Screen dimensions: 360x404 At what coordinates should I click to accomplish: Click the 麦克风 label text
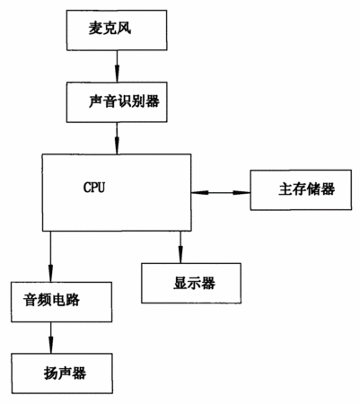(110, 29)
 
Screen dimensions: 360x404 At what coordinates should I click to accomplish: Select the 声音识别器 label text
(124, 101)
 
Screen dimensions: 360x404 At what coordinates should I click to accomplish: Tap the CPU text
(94, 188)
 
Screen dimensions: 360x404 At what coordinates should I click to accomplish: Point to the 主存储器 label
(307, 189)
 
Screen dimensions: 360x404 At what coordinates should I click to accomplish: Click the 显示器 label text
(194, 283)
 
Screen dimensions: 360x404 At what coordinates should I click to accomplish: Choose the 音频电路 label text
(52, 300)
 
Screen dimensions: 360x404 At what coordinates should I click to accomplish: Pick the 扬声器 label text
(65, 373)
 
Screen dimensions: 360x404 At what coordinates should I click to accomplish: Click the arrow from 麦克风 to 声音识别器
(117, 66)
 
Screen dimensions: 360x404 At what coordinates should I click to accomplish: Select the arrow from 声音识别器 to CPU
(117, 138)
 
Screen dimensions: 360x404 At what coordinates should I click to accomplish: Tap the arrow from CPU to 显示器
(180, 247)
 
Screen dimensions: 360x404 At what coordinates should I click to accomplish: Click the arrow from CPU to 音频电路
(50, 257)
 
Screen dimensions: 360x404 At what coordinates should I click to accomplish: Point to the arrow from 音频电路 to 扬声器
(50, 338)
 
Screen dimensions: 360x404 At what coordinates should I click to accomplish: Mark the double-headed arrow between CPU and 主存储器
(221, 193)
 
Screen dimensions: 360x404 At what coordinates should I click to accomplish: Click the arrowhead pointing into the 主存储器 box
(241, 193)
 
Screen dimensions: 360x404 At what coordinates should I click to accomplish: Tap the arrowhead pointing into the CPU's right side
(200, 193)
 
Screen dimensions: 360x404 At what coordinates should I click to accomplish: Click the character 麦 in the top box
(95, 29)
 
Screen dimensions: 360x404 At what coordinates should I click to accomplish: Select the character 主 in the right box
(285, 189)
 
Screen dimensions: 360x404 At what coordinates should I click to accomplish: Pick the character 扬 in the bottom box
(51, 373)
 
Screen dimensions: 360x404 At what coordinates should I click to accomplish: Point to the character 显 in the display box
(180, 283)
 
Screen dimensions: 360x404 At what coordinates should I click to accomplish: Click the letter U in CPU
(101, 188)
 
